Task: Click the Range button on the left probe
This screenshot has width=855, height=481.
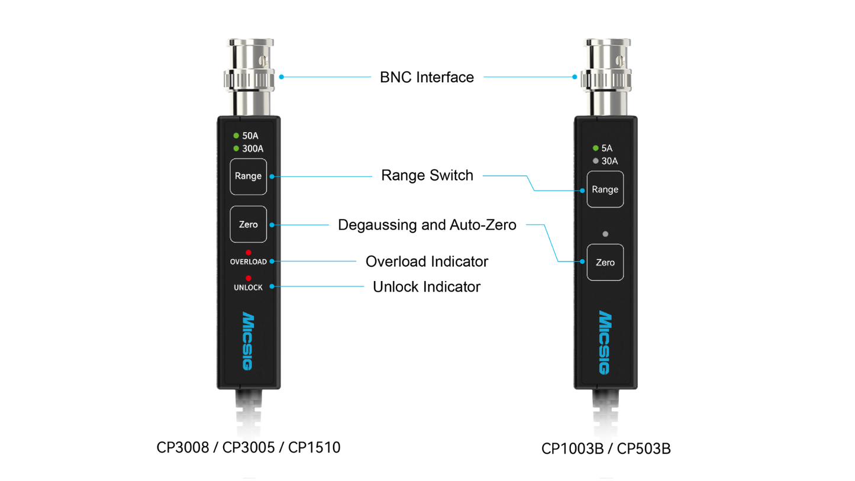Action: pos(249,176)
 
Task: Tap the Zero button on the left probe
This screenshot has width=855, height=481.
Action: pos(249,224)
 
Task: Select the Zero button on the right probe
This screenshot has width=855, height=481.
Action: pos(605,262)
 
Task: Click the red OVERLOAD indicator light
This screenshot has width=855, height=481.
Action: pos(249,253)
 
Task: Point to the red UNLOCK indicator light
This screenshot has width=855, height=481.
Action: pos(249,278)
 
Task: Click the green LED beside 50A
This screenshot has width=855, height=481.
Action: pos(236,135)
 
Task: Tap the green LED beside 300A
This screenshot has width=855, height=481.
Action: pos(236,148)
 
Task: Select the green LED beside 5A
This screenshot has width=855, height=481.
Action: pos(595,149)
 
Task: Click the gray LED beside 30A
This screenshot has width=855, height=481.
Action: pos(595,160)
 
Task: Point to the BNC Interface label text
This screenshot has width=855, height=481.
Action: pos(427,77)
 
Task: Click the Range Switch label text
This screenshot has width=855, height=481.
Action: pos(427,176)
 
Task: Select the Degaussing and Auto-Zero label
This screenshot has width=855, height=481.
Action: pos(427,225)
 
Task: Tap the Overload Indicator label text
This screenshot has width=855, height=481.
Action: pos(427,261)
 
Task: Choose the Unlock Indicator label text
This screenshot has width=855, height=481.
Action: pos(427,287)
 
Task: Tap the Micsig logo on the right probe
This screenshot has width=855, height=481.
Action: pos(605,343)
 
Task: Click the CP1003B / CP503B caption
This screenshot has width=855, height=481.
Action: pos(606,448)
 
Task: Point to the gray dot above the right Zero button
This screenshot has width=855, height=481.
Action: pos(605,234)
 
